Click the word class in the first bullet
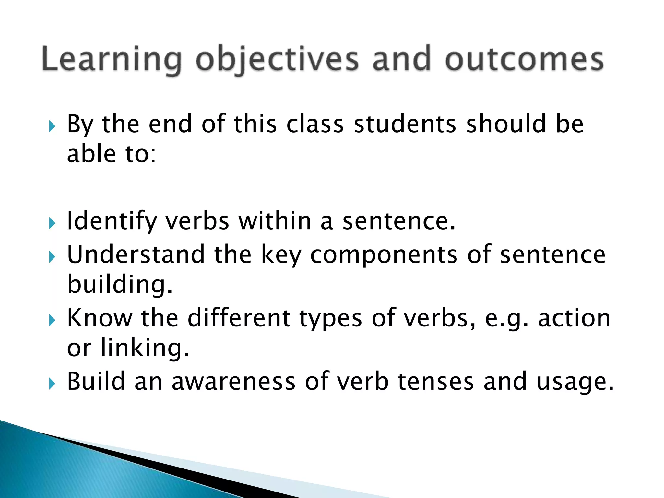[315, 124]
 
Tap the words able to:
[112, 154]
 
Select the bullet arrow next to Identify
[52, 223]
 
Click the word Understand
[136, 255]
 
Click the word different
[239, 318]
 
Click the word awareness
[233, 382]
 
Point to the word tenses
[436, 382]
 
